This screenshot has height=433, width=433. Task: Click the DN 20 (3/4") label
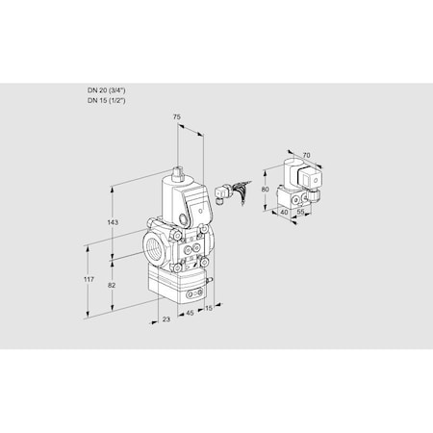[106, 90]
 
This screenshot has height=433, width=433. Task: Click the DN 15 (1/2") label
[106, 99]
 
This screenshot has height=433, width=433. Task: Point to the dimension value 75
[175, 116]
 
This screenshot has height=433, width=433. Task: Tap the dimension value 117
[88, 279]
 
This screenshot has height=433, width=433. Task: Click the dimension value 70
[306, 153]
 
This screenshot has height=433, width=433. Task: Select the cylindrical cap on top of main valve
[178, 176]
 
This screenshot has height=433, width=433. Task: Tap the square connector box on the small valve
[310, 179]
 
